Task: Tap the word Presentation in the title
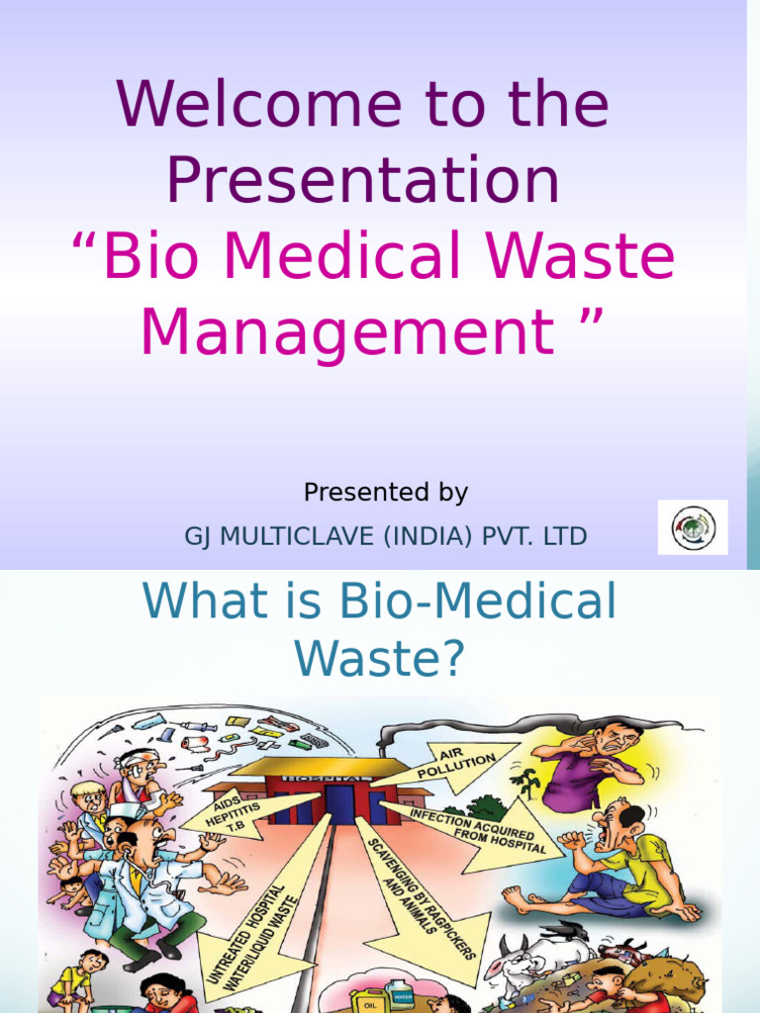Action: (x=362, y=181)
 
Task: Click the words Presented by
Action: (x=385, y=492)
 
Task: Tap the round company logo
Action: (x=693, y=527)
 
